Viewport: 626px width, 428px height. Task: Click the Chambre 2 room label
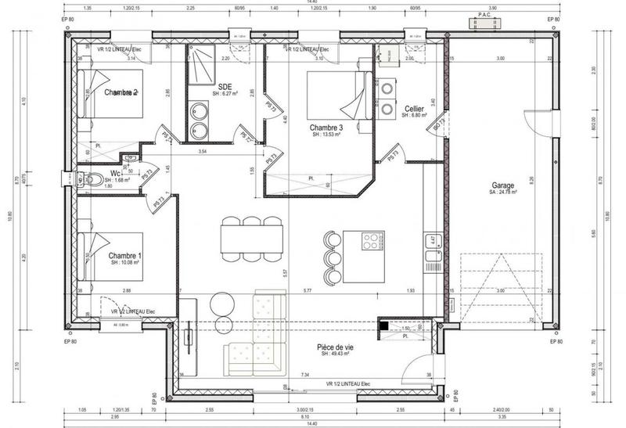(121, 92)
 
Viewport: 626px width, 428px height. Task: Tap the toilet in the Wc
(92, 179)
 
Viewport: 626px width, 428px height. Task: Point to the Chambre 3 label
(326, 128)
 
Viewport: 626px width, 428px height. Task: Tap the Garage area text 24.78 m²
(503, 191)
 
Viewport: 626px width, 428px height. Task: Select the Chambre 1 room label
(125, 256)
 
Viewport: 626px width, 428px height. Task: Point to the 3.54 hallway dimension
(203, 150)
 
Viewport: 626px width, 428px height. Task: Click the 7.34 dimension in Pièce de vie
(304, 376)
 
